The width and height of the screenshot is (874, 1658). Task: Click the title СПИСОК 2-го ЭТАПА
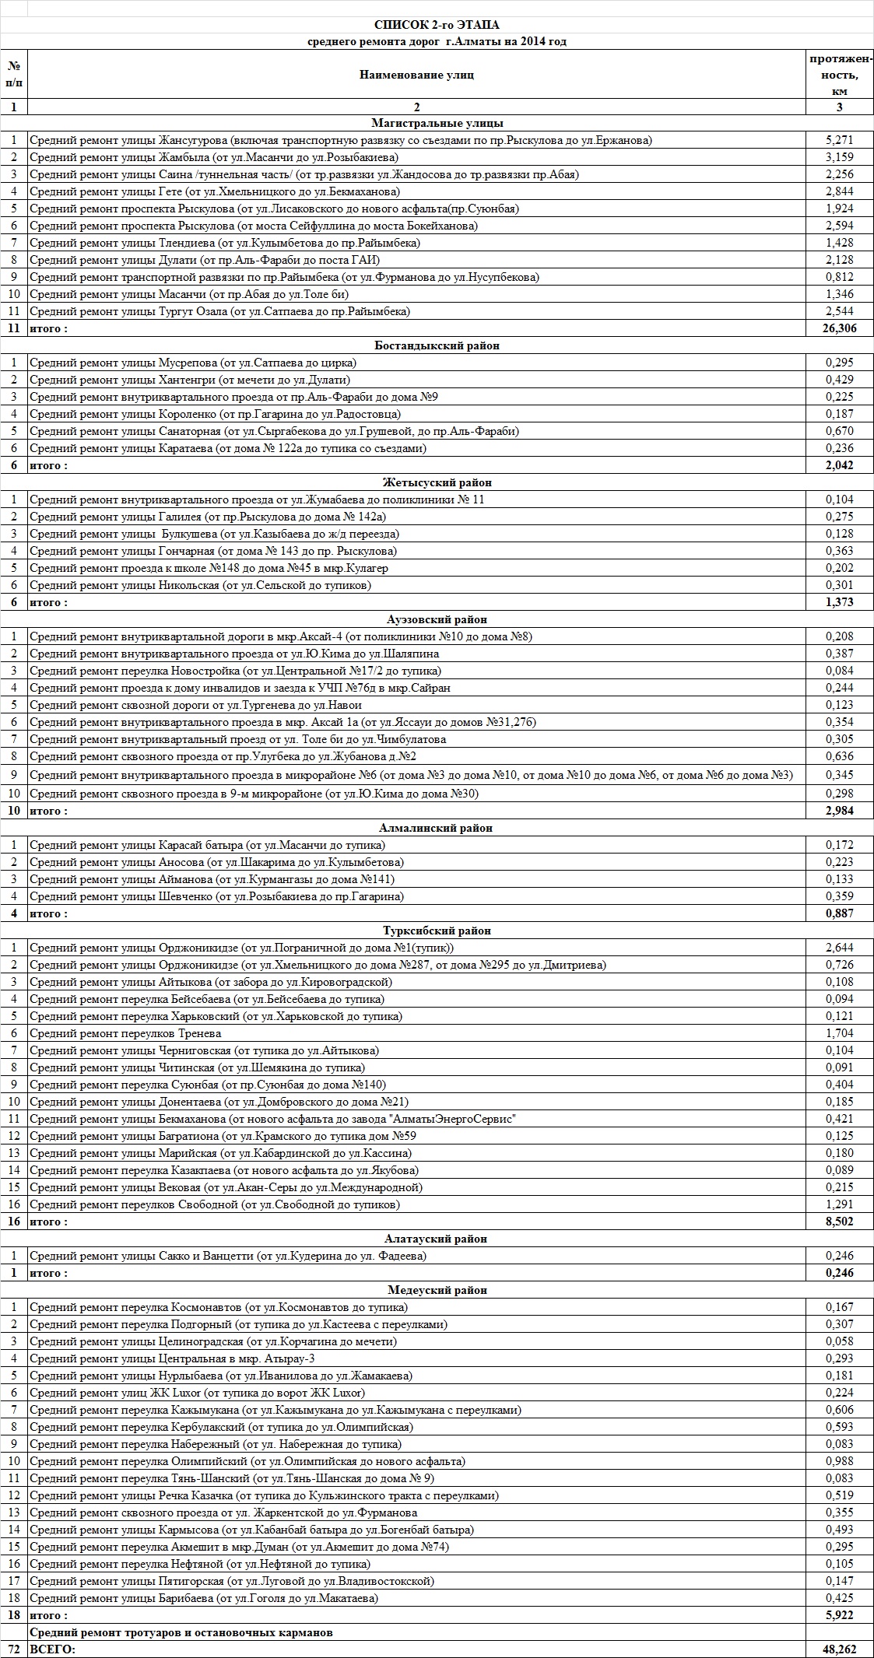coord(436,26)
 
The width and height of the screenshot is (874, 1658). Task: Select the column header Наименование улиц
coord(416,75)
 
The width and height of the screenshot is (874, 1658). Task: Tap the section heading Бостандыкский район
coord(437,345)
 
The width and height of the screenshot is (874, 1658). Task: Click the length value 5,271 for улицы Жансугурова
coord(839,141)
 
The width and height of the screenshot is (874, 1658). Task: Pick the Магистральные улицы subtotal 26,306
coord(839,328)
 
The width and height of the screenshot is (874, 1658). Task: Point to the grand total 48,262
coord(839,1649)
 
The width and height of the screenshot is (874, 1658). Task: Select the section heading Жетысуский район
coord(437,482)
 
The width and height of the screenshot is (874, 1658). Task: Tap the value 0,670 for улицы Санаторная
coord(839,431)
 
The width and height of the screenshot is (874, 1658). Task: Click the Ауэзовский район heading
coord(437,619)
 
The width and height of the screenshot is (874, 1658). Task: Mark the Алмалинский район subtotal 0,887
coord(839,913)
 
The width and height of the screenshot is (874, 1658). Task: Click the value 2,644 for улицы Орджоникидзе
coord(839,948)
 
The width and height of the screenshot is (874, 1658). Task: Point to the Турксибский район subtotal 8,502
coord(839,1222)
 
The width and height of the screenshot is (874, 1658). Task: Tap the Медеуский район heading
coord(437,1290)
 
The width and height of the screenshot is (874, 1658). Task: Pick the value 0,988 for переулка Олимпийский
coord(839,1461)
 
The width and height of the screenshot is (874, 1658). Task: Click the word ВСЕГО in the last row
coord(52,1649)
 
